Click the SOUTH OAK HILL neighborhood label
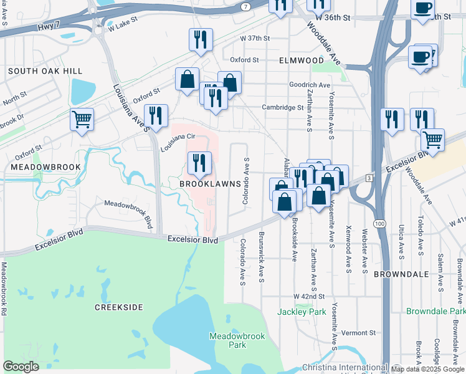coord(45,72)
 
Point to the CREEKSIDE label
coord(119,307)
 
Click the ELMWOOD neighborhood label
coord(302,61)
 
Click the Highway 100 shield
coord(379,223)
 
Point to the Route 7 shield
coord(247,6)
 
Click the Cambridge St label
coord(282,107)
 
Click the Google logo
coord(21,367)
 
